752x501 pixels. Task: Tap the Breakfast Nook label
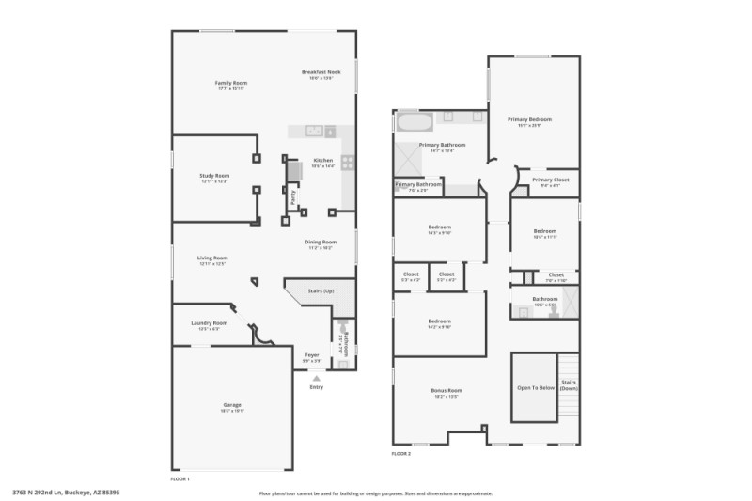pos(321,72)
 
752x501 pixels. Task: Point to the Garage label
pos(232,405)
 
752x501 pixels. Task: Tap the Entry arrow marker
pos(316,378)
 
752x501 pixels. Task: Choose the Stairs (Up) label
pos(321,291)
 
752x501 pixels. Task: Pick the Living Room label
pos(212,258)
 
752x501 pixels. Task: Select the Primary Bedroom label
pos(529,119)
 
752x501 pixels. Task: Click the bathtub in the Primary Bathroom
pos(414,121)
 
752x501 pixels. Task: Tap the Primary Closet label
pos(550,180)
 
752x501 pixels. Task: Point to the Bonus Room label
pos(446,390)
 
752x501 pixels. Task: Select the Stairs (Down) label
pos(569,385)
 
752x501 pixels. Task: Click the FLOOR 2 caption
pos(401,454)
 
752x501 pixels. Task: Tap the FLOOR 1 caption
pos(180,479)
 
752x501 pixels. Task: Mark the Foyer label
pos(312,354)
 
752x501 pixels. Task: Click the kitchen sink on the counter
pos(314,131)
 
